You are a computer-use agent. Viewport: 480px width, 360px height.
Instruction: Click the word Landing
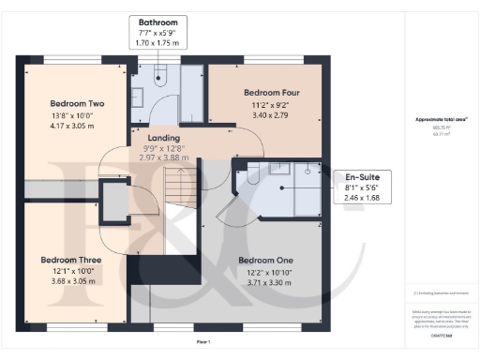pos(164,139)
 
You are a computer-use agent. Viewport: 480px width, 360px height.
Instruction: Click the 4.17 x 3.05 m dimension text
pos(58,126)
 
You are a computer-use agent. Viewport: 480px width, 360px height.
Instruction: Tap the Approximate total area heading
pos(441,119)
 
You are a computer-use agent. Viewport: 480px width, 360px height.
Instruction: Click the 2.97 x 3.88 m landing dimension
pos(164,158)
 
